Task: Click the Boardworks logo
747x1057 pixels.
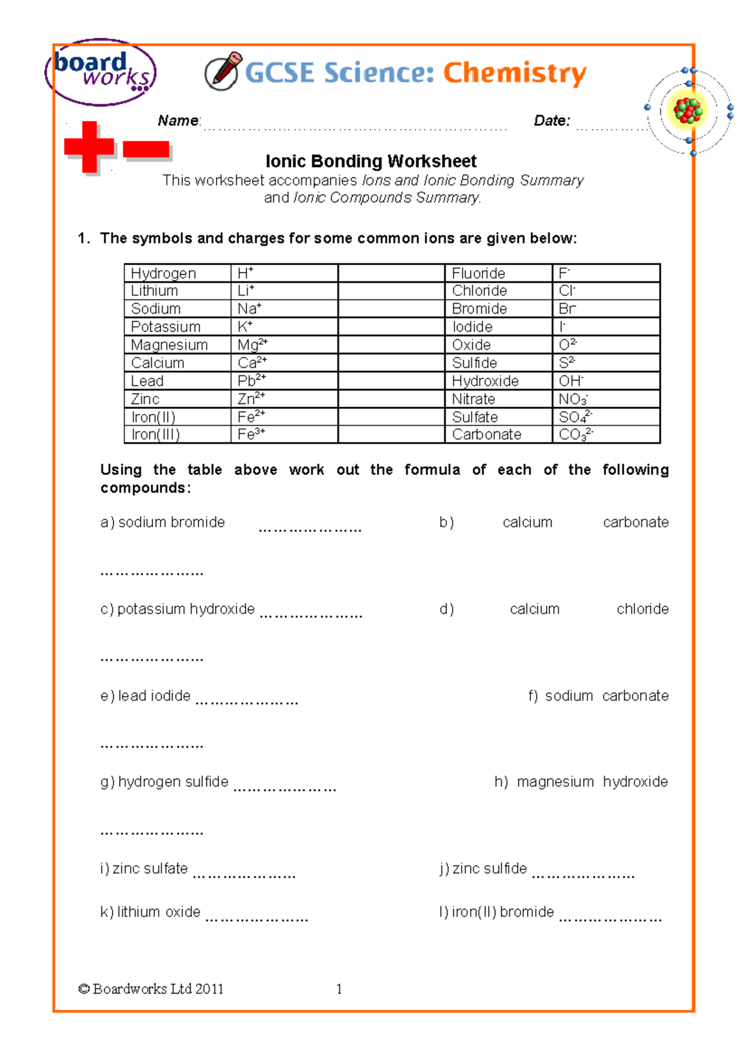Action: pyautogui.click(x=100, y=72)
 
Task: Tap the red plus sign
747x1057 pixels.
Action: pyautogui.click(x=90, y=147)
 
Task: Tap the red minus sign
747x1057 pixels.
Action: pyautogui.click(x=146, y=149)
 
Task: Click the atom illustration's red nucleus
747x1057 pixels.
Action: pyautogui.click(x=688, y=111)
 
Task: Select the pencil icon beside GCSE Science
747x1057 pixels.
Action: pyautogui.click(x=223, y=71)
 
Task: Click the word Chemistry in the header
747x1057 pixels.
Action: pyautogui.click(x=514, y=73)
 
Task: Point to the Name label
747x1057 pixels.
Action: pyautogui.click(x=179, y=121)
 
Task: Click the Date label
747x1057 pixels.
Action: pyautogui.click(x=552, y=121)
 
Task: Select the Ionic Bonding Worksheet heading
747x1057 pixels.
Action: pyautogui.click(x=371, y=162)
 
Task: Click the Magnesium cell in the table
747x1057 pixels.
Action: pyautogui.click(x=169, y=345)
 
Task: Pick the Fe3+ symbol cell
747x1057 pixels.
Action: pyautogui.click(x=251, y=435)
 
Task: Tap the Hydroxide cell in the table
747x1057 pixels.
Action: pyautogui.click(x=485, y=381)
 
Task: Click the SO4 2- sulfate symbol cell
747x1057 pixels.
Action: pyautogui.click(x=575, y=417)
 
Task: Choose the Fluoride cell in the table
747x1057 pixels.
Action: pyautogui.click(x=478, y=273)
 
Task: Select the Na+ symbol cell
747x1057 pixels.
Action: pyautogui.click(x=250, y=309)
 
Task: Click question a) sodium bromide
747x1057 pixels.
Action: pyautogui.click(x=162, y=522)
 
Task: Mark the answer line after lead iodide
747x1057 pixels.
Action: pyautogui.click(x=247, y=702)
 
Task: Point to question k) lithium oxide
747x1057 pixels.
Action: pyautogui.click(x=150, y=912)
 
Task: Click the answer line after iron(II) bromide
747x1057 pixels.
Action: pyautogui.click(x=610, y=918)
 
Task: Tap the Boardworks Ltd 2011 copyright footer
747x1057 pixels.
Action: pyautogui.click(x=151, y=989)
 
